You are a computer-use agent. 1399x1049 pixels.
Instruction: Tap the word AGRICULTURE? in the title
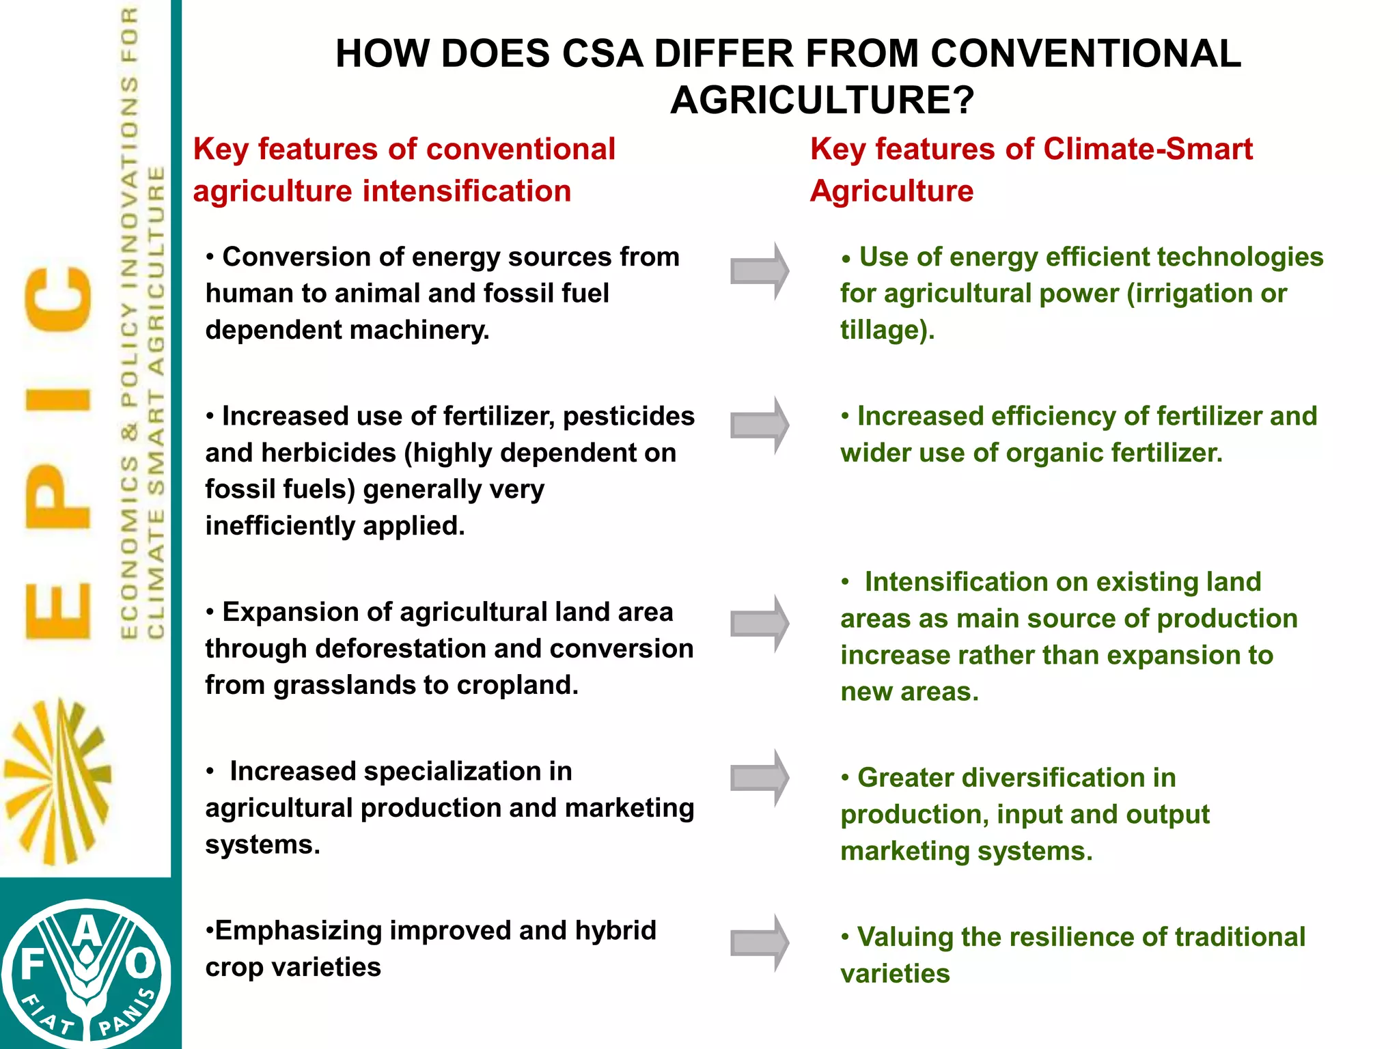(x=822, y=100)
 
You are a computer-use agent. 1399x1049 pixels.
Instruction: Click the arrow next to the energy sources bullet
(x=759, y=271)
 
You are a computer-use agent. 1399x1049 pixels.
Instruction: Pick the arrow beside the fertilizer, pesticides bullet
(x=759, y=425)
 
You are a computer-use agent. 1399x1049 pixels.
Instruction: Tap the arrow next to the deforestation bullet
(x=759, y=624)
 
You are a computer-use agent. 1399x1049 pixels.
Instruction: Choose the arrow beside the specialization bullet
(x=759, y=778)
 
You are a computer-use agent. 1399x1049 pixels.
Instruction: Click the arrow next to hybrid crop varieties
(x=759, y=943)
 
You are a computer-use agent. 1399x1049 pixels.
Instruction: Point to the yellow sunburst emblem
(x=57, y=781)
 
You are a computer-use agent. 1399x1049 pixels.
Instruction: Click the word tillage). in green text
(x=887, y=330)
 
